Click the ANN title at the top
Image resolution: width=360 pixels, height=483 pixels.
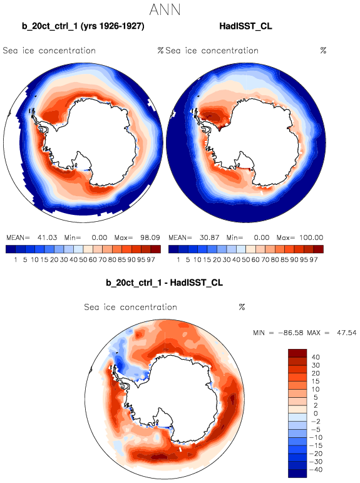[165, 9]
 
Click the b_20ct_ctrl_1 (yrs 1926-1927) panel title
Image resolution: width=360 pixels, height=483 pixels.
[83, 26]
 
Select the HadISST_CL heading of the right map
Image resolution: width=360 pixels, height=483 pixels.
[246, 26]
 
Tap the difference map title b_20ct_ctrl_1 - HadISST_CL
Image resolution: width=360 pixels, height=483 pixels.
[165, 283]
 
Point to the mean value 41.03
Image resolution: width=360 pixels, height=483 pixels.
[47, 238]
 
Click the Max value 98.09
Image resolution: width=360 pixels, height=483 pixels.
[150, 238]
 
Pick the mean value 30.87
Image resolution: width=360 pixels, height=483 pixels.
[209, 238]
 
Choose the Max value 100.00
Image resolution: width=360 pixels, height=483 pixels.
[311, 238]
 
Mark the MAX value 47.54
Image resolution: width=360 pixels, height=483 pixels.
[346, 333]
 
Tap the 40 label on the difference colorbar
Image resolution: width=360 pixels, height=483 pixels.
[316, 357]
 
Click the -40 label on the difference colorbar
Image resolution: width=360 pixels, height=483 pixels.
[314, 470]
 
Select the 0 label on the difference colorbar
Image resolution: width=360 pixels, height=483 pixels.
[316, 413]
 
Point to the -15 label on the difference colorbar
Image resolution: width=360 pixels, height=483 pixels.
[314, 445]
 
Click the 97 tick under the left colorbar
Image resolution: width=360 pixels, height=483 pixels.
[151, 260]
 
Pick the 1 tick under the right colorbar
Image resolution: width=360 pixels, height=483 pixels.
[178, 260]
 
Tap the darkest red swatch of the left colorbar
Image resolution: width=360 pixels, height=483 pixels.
[156, 249]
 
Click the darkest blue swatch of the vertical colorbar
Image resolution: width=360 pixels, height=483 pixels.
[297, 474]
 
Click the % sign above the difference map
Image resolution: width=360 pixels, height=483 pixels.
[242, 307]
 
